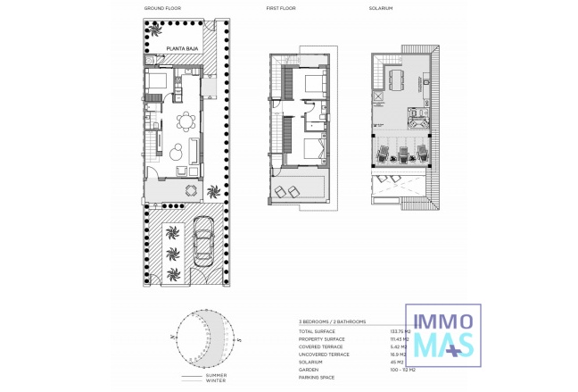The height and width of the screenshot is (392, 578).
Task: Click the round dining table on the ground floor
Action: point(186,121)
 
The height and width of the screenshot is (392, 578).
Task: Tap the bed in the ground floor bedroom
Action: point(158,83)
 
